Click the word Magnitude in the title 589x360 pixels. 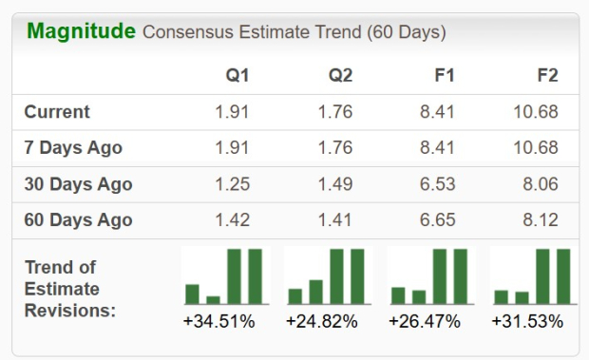click(x=81, y=31)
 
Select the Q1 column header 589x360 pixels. click(x=237, y=76)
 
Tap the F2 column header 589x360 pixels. click(x=547, y=76)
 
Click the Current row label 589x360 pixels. click(x=57, y=112)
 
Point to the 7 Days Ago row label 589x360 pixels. click(x=73, y=148)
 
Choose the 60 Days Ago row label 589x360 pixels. click(x=78, y=220)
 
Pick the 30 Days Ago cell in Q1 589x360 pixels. click(x=233, y=184)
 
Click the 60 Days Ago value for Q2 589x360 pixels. click(x=335, y=220)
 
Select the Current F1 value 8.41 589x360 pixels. click(x=439, y=112)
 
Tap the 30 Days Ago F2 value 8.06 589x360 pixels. click(x=541, y=184)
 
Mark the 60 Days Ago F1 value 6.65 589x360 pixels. click(x=439, y=220)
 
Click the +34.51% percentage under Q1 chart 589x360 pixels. click(x=218, y=322)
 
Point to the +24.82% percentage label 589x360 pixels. click(x=322, y=322)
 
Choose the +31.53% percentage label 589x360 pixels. click(x=527, y=322)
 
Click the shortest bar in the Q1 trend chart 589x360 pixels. click(x=214, y=299)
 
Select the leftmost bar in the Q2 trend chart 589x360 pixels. click(x=295, y=295)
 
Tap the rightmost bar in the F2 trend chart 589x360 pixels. click(x=563, y=276)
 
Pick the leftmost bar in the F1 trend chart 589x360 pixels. click(x=398, y=295)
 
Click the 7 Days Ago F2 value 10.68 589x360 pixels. click(x=538, y=148)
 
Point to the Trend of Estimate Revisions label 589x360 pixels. click(x=70, y=289)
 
